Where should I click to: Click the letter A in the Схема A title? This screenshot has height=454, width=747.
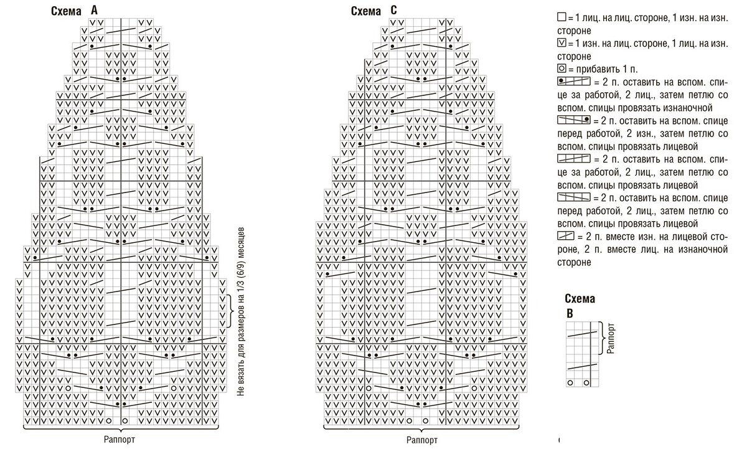[x=94, y=10]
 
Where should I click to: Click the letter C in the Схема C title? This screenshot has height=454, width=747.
[x=393, y=11]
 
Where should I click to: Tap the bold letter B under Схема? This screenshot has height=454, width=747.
[x=570, y=313]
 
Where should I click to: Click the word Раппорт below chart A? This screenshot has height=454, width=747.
[x=120, y=438]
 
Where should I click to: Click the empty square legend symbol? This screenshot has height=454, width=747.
[x=561, y=18]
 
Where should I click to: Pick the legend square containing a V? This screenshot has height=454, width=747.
[x=561, y=43]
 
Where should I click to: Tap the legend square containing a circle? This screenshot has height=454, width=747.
[x=561, y=69]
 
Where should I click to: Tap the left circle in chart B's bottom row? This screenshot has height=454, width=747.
[x=570, y=382]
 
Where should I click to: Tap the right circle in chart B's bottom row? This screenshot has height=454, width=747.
[x=586, y=382]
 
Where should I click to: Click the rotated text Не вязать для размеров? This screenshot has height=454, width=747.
[x=242, y=311]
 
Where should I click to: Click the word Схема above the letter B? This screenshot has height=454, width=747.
[x=580, y=299]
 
